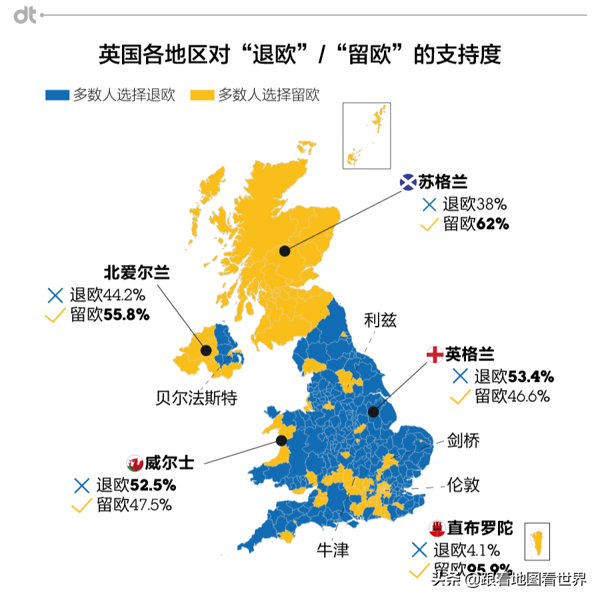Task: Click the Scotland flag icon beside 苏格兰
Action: (x=408, y=182)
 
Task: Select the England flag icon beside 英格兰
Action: (x=435, y=354)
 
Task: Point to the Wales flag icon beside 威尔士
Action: (x=135, y=463)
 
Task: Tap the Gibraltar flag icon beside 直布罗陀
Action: (x=437, y=528)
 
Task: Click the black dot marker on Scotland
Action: (x=285, y=251)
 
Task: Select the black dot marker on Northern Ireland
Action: (x=206, y=350)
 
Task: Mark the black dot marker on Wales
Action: (x=281, y=440)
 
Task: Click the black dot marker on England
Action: (x=373, y=412)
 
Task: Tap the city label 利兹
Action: (x=381, y=320)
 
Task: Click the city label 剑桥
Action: (x=463, y=440)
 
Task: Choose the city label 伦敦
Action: (x=463, y=484)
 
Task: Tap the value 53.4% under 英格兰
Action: (x=531, y=376)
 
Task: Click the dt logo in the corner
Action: (x=25, y=15)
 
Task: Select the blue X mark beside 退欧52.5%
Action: (x=82, y=485)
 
